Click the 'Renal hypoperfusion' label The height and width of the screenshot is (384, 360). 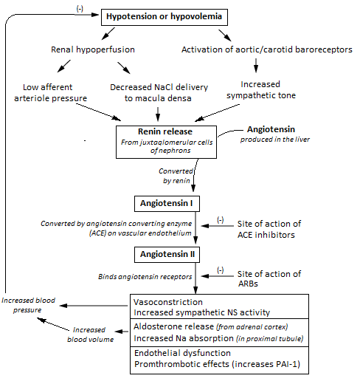(x=93, y=49)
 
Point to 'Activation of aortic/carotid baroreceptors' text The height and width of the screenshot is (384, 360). (x=267, y=49)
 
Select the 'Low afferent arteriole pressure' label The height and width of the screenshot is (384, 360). (x=50, y=93)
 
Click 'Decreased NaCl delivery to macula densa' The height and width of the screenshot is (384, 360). (x=159, y=93)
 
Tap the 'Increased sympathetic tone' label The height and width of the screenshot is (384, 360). (x=261, y=90)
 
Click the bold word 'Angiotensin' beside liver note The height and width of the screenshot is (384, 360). (x=271, y=129)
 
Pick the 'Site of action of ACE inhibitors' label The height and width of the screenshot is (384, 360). (x=269, y=229)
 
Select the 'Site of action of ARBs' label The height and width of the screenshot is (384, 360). (x=269, y=278)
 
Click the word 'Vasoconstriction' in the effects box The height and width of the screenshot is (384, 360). (x=168, y=302)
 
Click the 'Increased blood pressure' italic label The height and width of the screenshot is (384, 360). (x=28, y=305)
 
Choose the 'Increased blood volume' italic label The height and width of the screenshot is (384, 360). (x=90, y=335)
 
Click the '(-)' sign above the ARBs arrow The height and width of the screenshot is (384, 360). (x=221, y=270)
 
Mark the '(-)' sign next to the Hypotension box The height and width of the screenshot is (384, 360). (x=80, y=9)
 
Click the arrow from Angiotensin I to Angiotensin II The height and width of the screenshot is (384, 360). (x=195, y=227)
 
